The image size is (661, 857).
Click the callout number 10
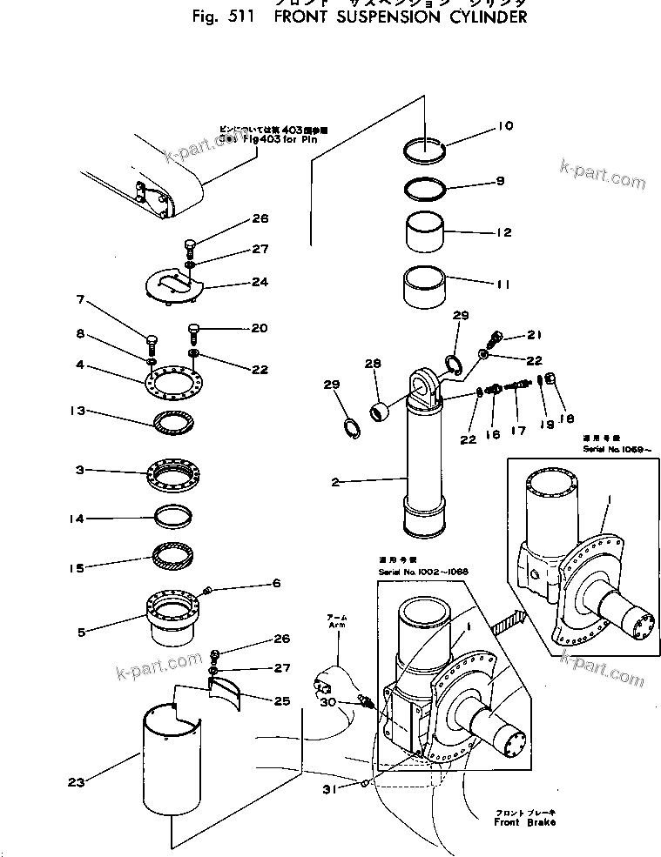pos(505,127)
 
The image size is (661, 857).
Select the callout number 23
pos(77,782)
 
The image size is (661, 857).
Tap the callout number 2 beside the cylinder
pos(335,482)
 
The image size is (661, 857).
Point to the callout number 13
pos(77,410)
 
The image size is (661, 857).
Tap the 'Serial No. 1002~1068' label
pos(423,572)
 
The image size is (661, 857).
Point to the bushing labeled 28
pos(379,411)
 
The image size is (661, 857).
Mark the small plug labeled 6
pos(207,592)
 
